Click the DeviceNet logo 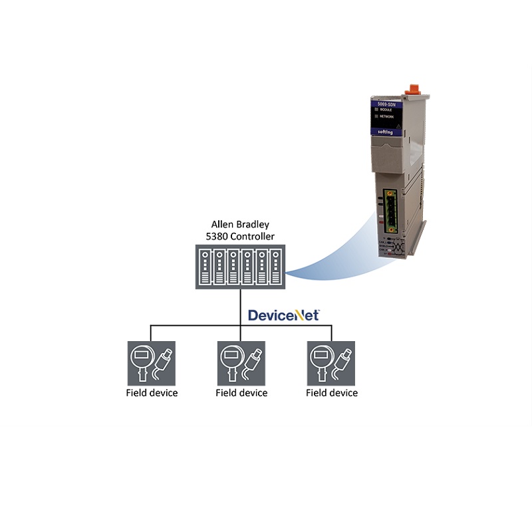[x=284, y=315]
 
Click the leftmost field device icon [x=152, y=363]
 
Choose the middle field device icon [x=241, y=363]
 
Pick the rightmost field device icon [x=331, y=363]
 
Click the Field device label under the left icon [x=152, y=393]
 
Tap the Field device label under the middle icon [x=241, y=393]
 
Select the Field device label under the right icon [x=332, y=393]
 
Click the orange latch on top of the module [x=412, y=88]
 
